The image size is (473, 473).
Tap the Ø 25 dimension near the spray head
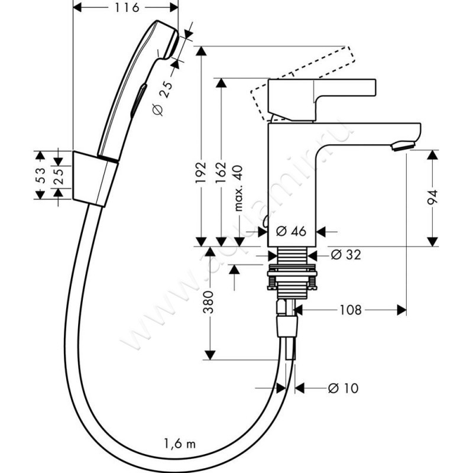point(164,98)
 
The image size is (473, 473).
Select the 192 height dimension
point(202,171)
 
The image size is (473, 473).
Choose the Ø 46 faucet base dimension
point(290,231)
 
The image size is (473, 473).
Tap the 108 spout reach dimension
point(351,309)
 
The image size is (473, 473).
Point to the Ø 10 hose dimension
point(344,388)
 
